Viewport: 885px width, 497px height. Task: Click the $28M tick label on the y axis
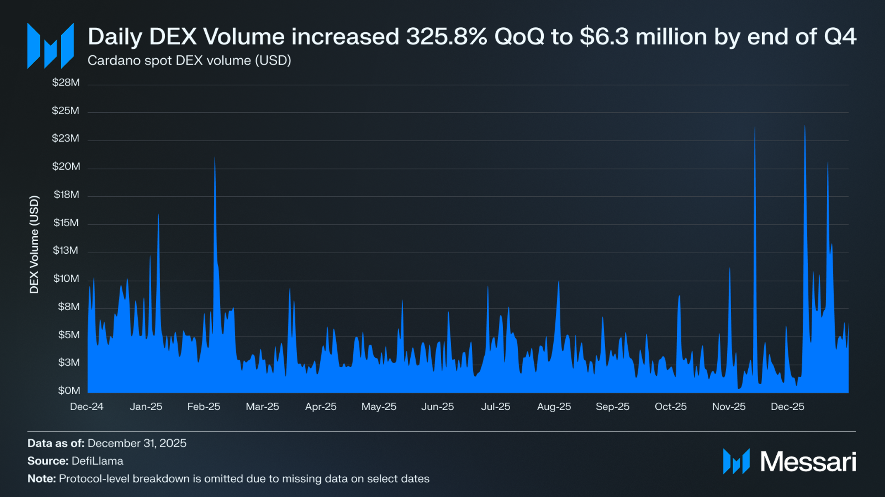(x=66, y=83)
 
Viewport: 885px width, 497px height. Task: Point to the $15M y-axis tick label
(x=66, y=223)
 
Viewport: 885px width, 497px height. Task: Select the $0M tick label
(x=69, y=390)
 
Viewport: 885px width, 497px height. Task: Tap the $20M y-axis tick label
(x=66, y=166)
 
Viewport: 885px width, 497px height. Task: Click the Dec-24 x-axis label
(x=86, y=407)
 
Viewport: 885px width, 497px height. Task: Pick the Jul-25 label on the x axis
(x=495, y=407)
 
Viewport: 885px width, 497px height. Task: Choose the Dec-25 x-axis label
(x=787, y=407)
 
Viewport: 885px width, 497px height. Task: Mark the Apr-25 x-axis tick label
(x=321, y=407)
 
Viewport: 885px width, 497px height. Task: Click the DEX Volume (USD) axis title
(x=34, y=245)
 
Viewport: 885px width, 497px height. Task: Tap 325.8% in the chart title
(x=447, y=36)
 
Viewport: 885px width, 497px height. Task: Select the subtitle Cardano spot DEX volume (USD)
(x=189, y=60)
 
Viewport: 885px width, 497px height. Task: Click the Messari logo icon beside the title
(x=50, y=46)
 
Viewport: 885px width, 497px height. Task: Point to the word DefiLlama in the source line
(x=98, y=461)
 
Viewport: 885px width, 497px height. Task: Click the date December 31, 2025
(x=137, y=443)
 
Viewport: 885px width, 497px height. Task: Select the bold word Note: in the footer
(x=41, y=478)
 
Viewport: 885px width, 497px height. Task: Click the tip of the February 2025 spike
(x=215, y=157)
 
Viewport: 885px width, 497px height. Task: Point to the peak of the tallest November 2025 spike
(x=755, y=127)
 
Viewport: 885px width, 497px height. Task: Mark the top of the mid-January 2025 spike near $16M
(x=158, y=214)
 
